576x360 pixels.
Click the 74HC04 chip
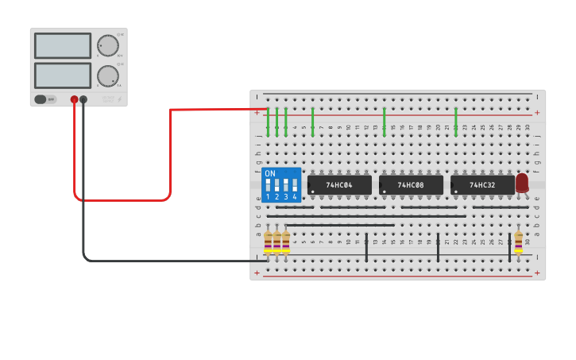pos(339,185)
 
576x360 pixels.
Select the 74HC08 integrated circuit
pos(411,185)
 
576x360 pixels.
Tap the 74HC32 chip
pos(481,185)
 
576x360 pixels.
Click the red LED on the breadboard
pos(522,183)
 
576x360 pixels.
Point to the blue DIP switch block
pos(281,185)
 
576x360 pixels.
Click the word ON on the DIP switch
pos(270,173)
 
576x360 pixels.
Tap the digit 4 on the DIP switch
pos(295,196)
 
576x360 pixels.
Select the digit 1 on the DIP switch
pos(268,196)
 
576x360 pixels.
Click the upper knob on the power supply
pos(107,47)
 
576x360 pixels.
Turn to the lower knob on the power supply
pos(107,76)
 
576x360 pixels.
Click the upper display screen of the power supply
pos(63,46)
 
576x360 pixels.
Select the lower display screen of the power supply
pos(63,75)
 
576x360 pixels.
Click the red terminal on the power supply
pos(74,99)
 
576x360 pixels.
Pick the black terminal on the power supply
pos(83,99)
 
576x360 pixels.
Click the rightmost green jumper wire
pos(456,121)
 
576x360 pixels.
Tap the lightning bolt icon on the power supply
pos(120,99)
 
